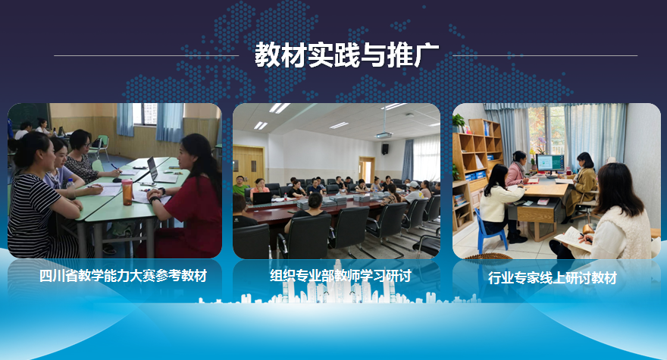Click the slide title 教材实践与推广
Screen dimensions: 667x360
pos(346,55)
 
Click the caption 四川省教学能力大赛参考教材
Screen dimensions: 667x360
pos(123,276)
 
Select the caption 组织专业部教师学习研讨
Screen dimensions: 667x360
pos(340,276)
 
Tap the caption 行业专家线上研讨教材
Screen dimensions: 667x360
pos(552,278)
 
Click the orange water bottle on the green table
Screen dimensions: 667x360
pos(127,193)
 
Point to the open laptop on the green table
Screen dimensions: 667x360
pos(159,171)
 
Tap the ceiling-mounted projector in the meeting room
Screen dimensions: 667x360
pos(384,136)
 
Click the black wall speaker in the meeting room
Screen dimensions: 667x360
pos(385,149)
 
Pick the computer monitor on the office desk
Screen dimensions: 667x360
pos(550,164)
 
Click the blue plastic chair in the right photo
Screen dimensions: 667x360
pos(490,232)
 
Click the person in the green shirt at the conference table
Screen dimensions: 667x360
pos(239,186)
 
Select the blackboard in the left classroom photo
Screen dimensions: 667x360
pos(29,115)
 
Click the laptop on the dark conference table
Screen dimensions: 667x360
pos(261,199)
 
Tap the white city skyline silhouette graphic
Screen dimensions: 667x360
pos(338,287)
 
